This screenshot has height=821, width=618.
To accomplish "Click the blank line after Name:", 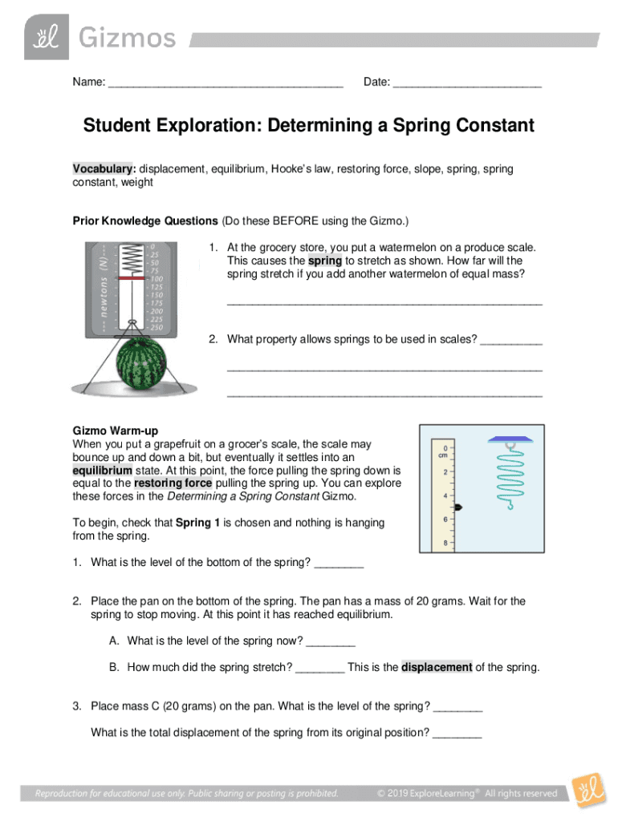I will pyautogui.click(x=226, y=83).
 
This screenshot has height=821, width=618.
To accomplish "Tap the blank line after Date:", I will pyautogui.click(x=468, y=83).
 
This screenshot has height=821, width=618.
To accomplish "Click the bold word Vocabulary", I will pyautogui.click(x=103, y=169).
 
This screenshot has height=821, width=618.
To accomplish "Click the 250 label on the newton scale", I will pyautogui.click(x=156, y=328).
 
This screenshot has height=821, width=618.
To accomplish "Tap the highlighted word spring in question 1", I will pyautogui.click(x=326, y=261).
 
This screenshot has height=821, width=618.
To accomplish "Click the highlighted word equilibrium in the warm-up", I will pyautogui.click(x=102, y=470).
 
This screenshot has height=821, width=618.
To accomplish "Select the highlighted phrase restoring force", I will pyautogui.click(x=173, y=483).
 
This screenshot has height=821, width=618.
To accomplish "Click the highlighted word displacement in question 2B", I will pyautogui.click(x=437, y=667).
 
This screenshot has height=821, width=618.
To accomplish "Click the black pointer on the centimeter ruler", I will pyautogui.click(x=457, y=508).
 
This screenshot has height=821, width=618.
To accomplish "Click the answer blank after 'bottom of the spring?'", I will pyautogui.click(x=339, y=563).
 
